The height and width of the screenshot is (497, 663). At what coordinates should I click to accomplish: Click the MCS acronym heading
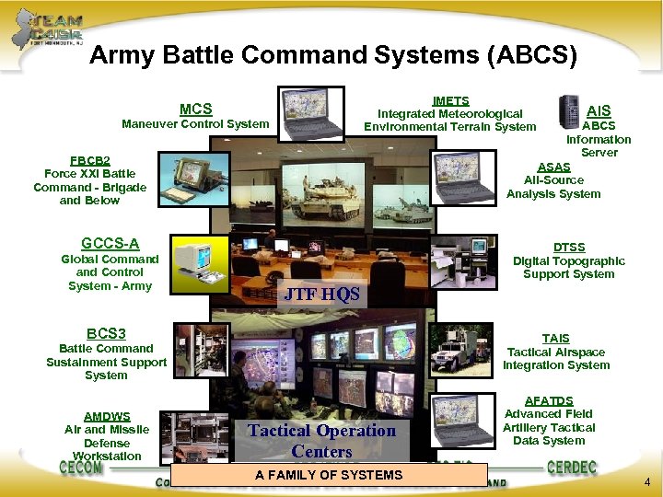195,109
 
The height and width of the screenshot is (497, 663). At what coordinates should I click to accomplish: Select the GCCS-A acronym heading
110,244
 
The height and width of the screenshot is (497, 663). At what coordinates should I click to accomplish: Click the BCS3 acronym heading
106,333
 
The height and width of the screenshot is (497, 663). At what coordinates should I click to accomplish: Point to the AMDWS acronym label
107,416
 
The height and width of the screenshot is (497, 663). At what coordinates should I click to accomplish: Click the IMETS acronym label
450,100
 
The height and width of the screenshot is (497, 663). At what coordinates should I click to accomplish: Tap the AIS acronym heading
599,110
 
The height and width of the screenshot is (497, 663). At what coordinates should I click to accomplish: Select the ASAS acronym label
553,167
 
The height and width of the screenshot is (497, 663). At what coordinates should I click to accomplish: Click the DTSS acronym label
568,247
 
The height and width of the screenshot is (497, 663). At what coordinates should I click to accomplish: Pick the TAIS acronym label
556,338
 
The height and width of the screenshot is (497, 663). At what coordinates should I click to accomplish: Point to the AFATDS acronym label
549,401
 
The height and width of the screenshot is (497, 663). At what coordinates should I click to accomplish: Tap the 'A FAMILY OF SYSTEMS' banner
329,475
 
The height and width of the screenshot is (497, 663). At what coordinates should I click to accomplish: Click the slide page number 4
647,481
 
